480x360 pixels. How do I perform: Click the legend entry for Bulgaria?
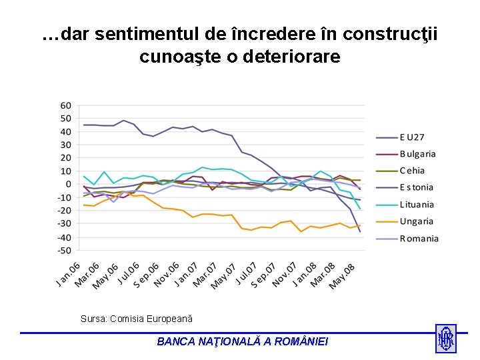point(417,154)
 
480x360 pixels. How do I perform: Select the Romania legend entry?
point(419,239)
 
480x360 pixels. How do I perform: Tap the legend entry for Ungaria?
point(416,221)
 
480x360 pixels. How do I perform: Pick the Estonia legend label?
point(416,187)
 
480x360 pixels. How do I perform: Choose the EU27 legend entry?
point(412,137)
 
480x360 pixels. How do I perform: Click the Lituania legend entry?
point(417,205)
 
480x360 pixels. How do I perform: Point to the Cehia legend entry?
point(412,171)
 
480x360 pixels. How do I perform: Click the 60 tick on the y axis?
point(66,105)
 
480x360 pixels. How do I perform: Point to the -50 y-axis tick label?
point(64,251)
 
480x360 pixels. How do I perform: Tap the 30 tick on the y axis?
point(66,145)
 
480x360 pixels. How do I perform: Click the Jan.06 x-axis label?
point(68,274)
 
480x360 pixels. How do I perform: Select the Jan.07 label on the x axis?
point(187,274)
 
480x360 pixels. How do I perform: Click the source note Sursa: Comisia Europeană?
point(137,319)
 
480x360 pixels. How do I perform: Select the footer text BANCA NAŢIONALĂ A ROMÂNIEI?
point(243,341)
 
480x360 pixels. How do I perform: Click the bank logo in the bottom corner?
point(445,339)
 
